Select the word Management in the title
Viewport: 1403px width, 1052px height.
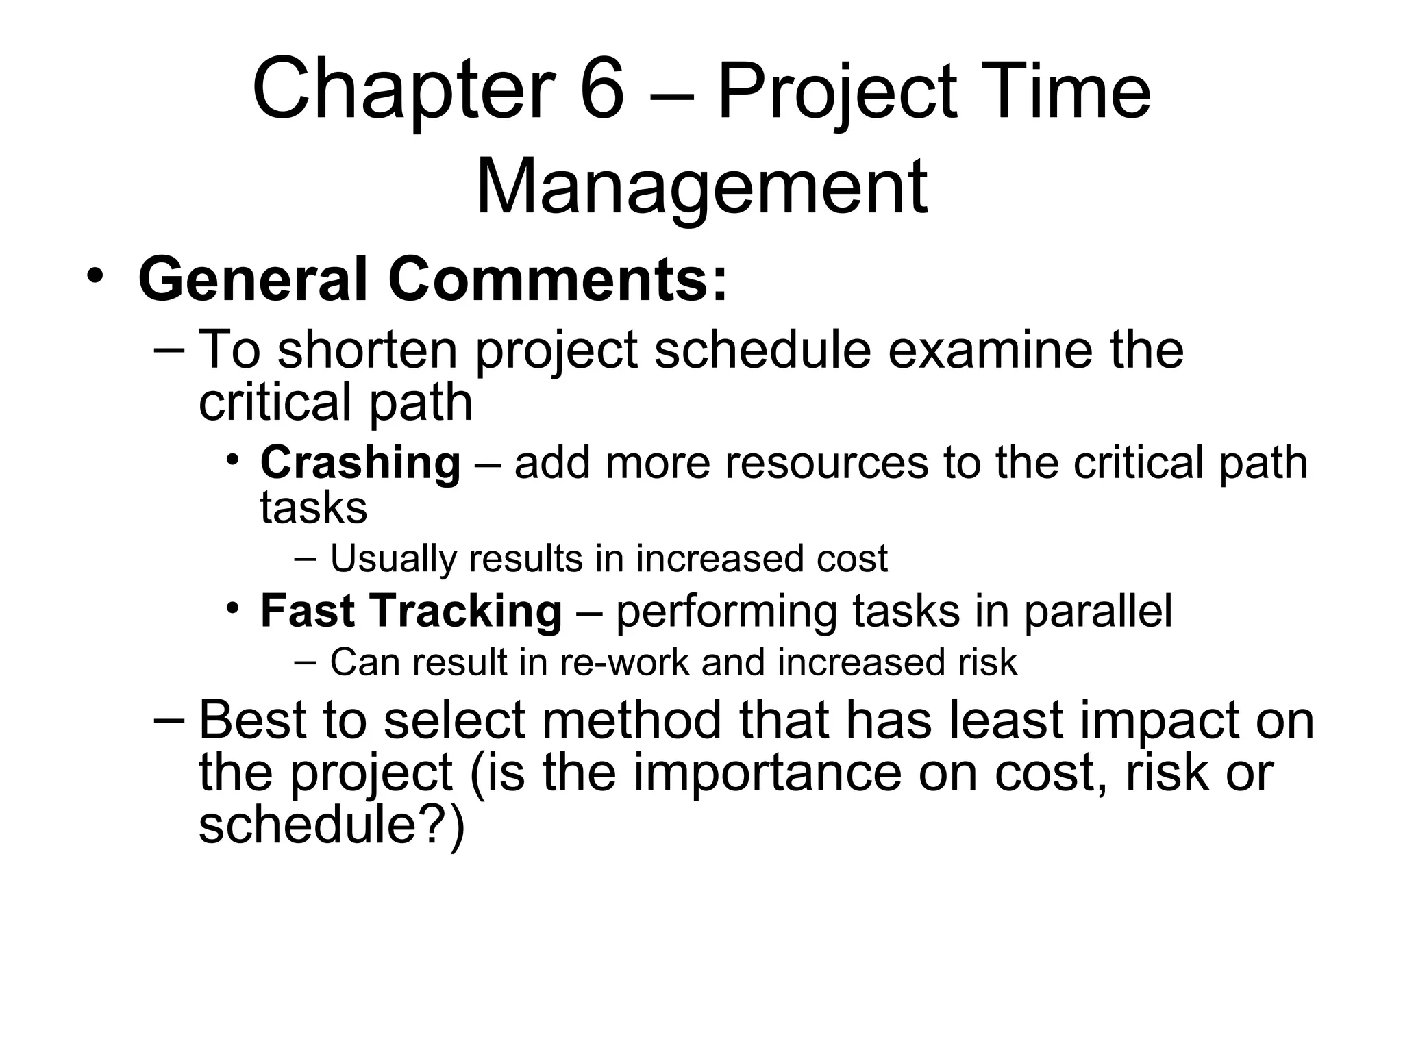tap(701, 186)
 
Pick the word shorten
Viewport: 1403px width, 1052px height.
tap(367, 349)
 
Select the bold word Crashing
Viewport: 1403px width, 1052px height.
tap(360, 464)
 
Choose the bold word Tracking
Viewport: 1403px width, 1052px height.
tap(467, 611)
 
